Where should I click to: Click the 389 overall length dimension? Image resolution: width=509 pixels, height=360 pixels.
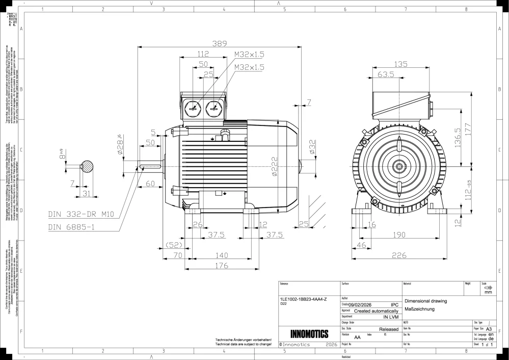(219, 44)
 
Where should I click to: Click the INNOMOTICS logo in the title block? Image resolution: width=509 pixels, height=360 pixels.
(309, 335)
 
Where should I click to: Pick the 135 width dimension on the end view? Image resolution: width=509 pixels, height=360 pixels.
(401, 64)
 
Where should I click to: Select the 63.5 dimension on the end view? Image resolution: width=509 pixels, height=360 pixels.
(386, 74)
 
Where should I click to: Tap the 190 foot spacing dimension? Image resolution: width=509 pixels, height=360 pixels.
(399, 235)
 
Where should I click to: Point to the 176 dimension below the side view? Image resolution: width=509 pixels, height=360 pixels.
(221, 265)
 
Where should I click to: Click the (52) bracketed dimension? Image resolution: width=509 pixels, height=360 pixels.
(174, 245)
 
